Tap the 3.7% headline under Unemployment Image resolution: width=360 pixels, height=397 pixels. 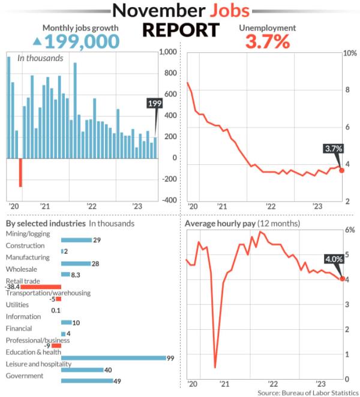click(267, 41)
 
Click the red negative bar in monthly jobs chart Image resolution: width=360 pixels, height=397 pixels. click(20, 172)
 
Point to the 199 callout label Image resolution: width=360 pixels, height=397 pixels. click(155, 104)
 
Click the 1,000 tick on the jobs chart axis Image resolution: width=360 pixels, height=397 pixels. click(169, 53)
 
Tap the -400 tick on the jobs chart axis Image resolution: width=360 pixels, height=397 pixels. click(169, 200)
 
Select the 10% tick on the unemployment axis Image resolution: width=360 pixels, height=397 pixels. click(349, 53)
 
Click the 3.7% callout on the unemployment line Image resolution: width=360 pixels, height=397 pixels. click(333, 149)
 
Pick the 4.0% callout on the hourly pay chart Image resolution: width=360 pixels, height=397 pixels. click(333, 259)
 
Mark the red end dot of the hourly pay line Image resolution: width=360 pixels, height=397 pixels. click(342, 279)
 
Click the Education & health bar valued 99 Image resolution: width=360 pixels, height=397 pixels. click(113, 358)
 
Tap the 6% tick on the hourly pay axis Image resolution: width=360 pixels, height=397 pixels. click(350, 230)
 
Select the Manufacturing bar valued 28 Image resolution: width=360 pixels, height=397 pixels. click(76, 263)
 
